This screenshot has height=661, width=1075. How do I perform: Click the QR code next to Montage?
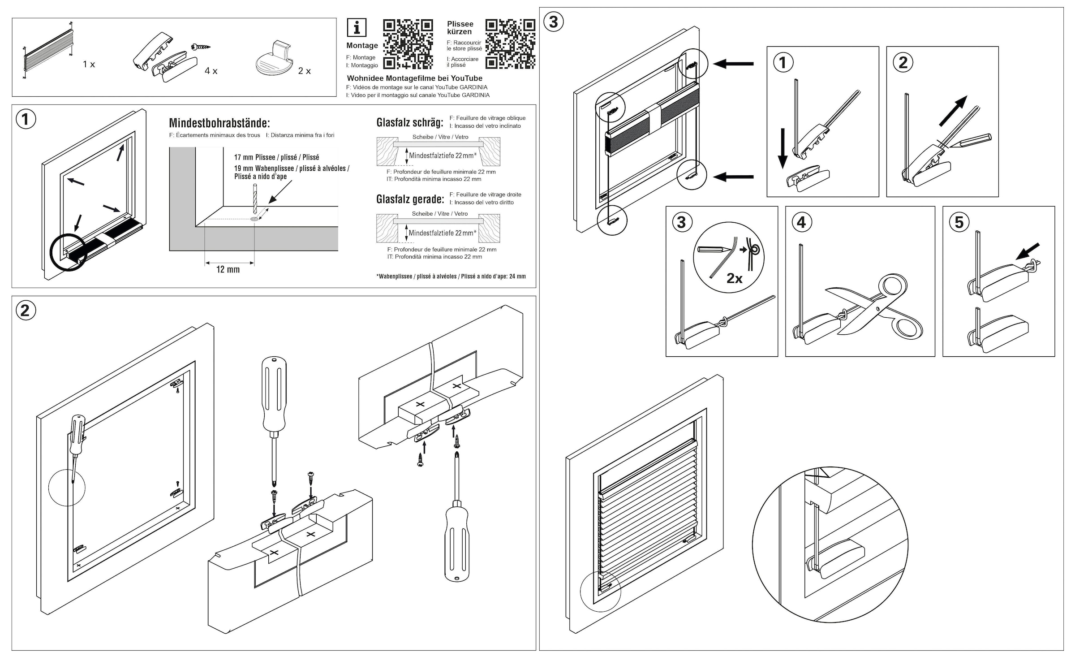point(408,44)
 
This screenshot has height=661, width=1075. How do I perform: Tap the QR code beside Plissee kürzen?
point(510,44)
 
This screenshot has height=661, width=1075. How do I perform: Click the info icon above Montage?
point(357,28)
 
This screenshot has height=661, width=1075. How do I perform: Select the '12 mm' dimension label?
point(228,270)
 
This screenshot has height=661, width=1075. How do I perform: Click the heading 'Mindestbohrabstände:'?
point(219,123)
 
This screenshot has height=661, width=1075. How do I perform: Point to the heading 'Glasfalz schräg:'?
point(410,122)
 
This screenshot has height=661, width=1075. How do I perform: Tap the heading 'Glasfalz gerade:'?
point(410,199)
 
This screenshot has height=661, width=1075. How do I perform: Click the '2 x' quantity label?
point(305,71)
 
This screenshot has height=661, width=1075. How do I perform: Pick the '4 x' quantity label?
point(211,71)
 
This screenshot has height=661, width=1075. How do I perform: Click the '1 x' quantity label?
point(89,65)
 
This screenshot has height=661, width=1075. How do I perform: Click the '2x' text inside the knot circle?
point(735,279)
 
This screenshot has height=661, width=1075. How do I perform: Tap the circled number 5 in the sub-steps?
point(959,222)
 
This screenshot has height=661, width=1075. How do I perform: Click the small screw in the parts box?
point(200,47)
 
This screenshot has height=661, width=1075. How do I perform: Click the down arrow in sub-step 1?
point(782,148)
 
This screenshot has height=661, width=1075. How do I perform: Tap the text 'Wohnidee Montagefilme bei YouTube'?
point(415,78)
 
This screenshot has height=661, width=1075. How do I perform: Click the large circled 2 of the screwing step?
point(25,311)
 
